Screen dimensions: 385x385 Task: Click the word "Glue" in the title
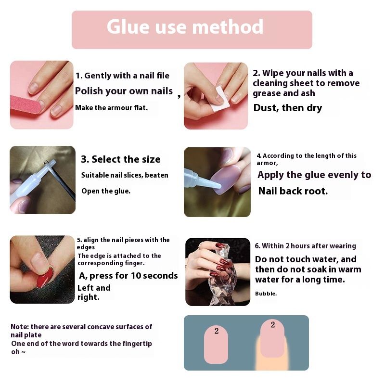pos(128,27)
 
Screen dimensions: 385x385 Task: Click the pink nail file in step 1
pos(26,104)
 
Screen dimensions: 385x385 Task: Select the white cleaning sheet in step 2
pos(221,98)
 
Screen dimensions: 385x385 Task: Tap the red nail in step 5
pos(45,278)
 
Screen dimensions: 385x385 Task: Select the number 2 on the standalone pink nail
pos(216,331)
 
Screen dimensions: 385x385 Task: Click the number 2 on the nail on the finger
pos(273,324)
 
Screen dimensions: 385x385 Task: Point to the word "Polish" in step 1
pos(89,91)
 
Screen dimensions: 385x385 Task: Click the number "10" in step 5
pos(136,275)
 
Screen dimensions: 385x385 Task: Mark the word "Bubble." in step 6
pos(266,294)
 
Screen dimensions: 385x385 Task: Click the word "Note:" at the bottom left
pos(20,327)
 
